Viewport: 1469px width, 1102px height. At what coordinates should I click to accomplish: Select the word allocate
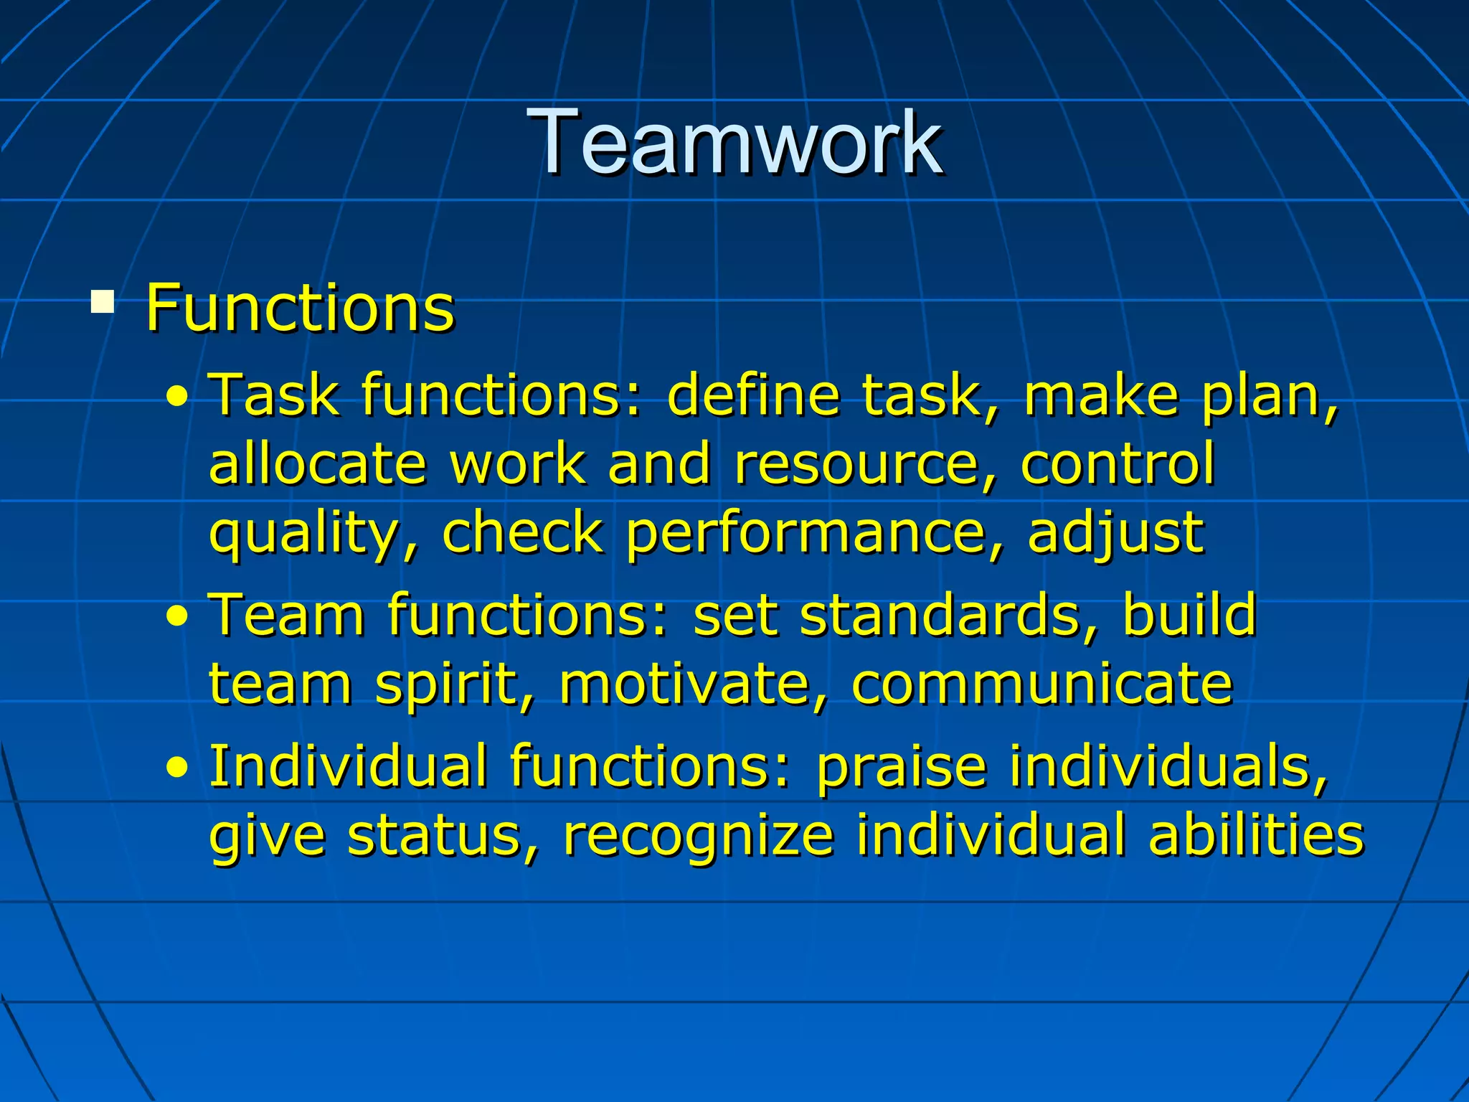(318, 463)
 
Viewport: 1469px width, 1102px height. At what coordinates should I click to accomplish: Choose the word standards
(940, 615)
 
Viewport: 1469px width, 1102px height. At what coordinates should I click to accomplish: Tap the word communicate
(1042, 684)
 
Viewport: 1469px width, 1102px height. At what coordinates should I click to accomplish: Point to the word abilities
(1255, 835)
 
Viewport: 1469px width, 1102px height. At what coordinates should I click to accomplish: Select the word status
(435, 835)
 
